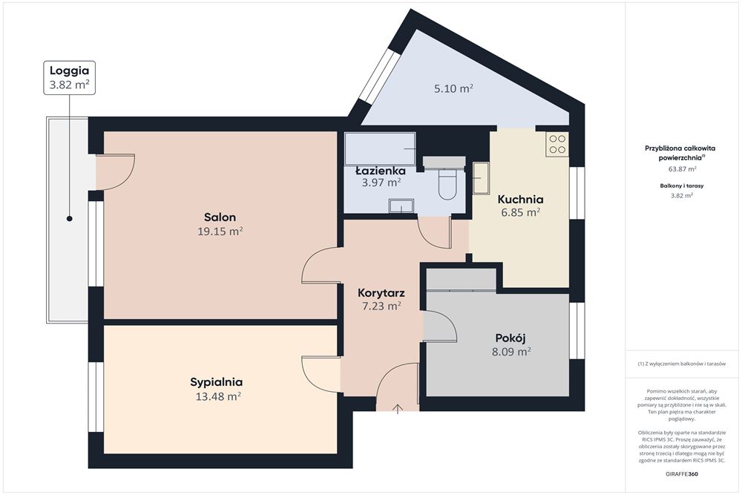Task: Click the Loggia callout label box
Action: [70, 78]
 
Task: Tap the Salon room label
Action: [220, 217]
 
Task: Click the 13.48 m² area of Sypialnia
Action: [219, 396]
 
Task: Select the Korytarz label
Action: [381, 293]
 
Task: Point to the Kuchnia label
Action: [521, 199]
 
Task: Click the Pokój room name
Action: [510, 338]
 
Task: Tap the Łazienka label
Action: [381, 171]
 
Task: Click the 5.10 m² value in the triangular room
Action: [454, 88]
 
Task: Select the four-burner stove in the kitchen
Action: [557, 144]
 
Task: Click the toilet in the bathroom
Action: [447, 183]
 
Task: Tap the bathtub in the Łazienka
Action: [380, 148]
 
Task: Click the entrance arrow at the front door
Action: [398, 409]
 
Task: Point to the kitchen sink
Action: [481, 178]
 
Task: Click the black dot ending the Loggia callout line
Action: [70, 219]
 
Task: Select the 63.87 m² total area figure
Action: [681, 168]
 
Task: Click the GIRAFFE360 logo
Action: [681, 473]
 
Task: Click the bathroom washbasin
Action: [401, 206]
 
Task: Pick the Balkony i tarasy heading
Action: [681, 186]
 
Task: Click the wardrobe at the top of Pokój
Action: [462, 280]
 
